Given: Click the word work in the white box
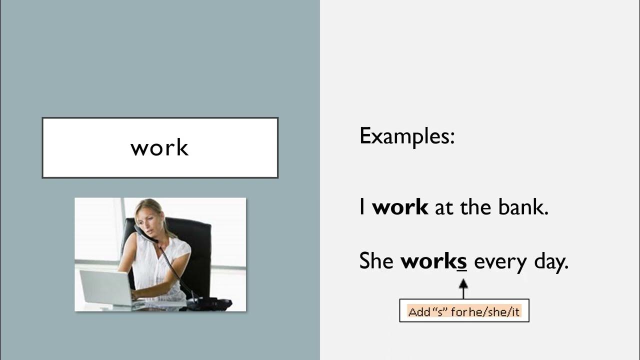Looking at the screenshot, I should click(159, 148).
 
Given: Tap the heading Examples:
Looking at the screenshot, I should click(407, 136).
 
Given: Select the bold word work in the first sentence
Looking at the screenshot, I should click(400, 207).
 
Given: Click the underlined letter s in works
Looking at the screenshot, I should click(462, 261).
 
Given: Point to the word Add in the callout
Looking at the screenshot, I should click(419, 312).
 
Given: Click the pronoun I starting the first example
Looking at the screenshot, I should click(362, 207).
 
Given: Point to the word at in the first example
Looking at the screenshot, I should click(443, 207).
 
